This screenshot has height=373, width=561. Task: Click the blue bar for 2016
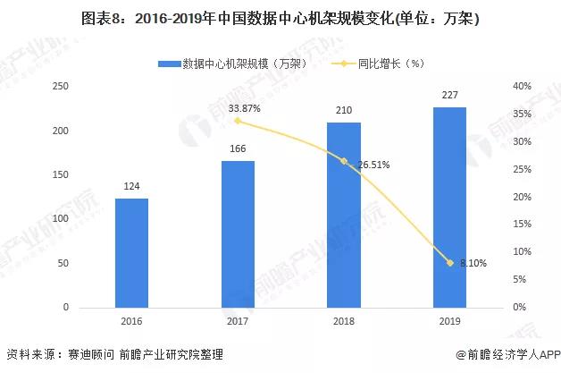coord(131,253)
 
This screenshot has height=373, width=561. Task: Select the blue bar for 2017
coord(238,234)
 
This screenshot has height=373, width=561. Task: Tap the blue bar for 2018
coord(344,215)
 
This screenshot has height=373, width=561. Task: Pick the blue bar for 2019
coord(449,208)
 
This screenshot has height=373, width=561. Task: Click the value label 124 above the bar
coord(131,188)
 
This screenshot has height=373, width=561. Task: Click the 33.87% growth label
coord(245,108)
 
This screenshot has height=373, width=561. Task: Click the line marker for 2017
coord(238,120)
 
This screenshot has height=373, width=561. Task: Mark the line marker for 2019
coord(449,262)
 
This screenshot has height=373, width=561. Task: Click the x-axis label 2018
coord(344,320)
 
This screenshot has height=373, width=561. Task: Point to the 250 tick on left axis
coord(61,86)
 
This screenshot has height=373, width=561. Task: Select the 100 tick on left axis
coord(61,219)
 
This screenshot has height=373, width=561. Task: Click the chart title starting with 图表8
coord(280,19)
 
